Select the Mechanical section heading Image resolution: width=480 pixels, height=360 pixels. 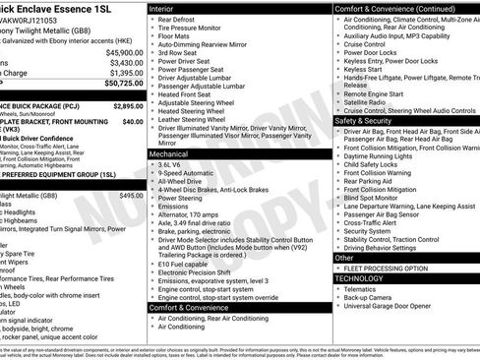[x=175, y=154]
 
